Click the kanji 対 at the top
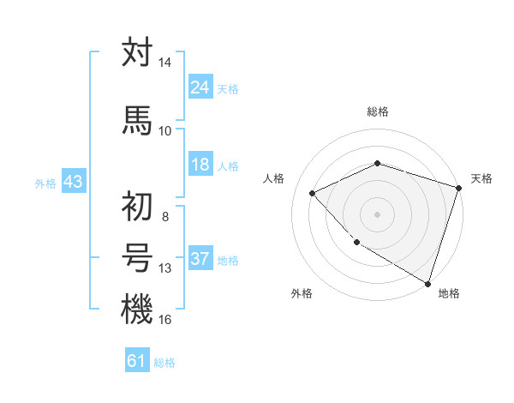(x=137, y=52)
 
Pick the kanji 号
(x=137, y=258)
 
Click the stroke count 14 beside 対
(x=165, y=63)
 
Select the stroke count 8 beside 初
(x=165, y=217)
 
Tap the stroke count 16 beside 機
(x=165, y=320)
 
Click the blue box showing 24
(x=200, y=87)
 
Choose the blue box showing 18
(x=200, y=165)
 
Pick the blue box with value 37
(x=200, y=259)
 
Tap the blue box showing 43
(x=73, y=182)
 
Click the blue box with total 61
(x=137, y=361)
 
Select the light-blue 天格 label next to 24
(x=228, y=88)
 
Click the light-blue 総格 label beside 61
(x=164, y=363)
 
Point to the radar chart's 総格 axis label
(x=377, y=112)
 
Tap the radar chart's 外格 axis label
(x=302, y=294)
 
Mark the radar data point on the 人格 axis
(x=313, y=194)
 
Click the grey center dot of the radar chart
(x=377, y=214)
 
